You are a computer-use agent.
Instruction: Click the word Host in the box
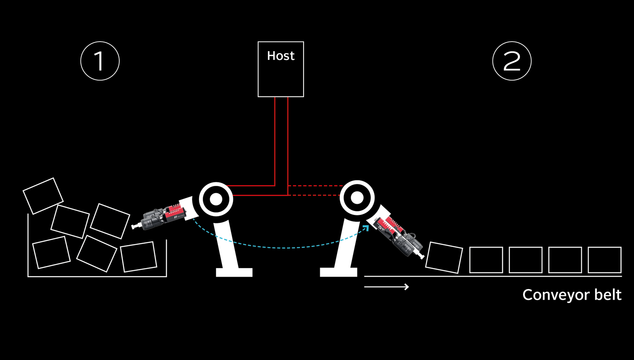click(281, 56)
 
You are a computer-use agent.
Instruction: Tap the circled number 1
click(100, 61)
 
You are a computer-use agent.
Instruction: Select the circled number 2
click(512, 61)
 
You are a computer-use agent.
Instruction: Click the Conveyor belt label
click(571, 295)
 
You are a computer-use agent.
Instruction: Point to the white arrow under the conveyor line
click(386, 287)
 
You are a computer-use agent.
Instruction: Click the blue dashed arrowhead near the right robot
click(366, 228)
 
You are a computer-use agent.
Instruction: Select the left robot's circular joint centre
click(216, 199)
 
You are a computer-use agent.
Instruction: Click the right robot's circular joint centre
click(357, 198)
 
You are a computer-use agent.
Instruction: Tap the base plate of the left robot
click(234, 272)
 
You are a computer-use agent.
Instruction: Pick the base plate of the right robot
click(338, 272)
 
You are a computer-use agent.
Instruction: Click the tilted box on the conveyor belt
click(444, 258)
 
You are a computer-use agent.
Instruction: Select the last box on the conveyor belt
click(604, 260)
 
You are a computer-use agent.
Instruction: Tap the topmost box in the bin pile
click(43, 195)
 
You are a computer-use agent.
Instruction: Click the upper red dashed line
click(315, 186)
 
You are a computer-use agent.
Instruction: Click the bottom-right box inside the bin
click(139, 257)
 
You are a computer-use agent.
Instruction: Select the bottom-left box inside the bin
click(51, 253)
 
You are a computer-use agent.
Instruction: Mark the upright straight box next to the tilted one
click(486, 260)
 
